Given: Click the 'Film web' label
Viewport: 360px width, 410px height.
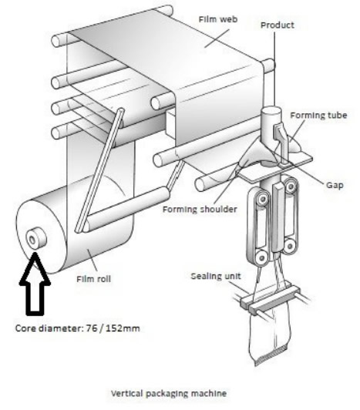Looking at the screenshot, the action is pyautogui.click(x=218, y=19).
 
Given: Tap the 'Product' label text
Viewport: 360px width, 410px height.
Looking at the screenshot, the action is pyautogui.click(x=278, y=25).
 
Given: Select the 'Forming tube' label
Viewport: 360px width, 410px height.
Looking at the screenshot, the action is pyautogui.click(x=318, y=116).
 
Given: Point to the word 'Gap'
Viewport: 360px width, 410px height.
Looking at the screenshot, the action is pyautogui.click(x=335, y=185).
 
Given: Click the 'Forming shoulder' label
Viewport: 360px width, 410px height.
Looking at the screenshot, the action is pyautogui.click(x=200, y=209).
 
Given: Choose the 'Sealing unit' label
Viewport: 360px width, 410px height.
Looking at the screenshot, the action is pyautogui.click(x=216, y=277).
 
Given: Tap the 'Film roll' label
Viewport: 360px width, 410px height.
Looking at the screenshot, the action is pyautogui.click(x=93, y=279).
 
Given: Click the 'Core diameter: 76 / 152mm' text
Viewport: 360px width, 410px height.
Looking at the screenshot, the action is pyautogui.click(x=77, y=328).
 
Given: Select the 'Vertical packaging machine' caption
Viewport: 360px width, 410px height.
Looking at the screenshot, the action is pyautogui.click(x=169, y=393).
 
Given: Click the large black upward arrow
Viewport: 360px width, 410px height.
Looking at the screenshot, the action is pyautogui.click(x=35, y=284).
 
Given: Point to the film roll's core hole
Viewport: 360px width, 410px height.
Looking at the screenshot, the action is pyautogui.click(x=32, y=240).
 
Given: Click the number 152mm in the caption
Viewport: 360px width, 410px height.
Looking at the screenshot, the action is pyautogui.click(x=123, y=328).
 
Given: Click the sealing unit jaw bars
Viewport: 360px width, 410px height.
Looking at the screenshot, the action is pyautogui.click(x=270, y=297).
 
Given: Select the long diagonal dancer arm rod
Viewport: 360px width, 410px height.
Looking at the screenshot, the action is pyautogui.click(x=99, y=170).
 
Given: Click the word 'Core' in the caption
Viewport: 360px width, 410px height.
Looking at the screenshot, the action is pyautogui.click(x=25, y=328).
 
